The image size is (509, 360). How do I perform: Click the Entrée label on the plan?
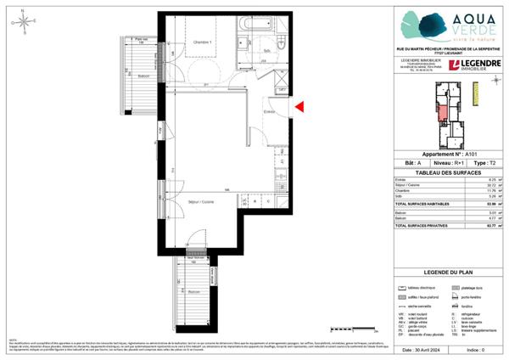[271, 111]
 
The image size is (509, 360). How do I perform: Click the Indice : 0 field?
[475, 349]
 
